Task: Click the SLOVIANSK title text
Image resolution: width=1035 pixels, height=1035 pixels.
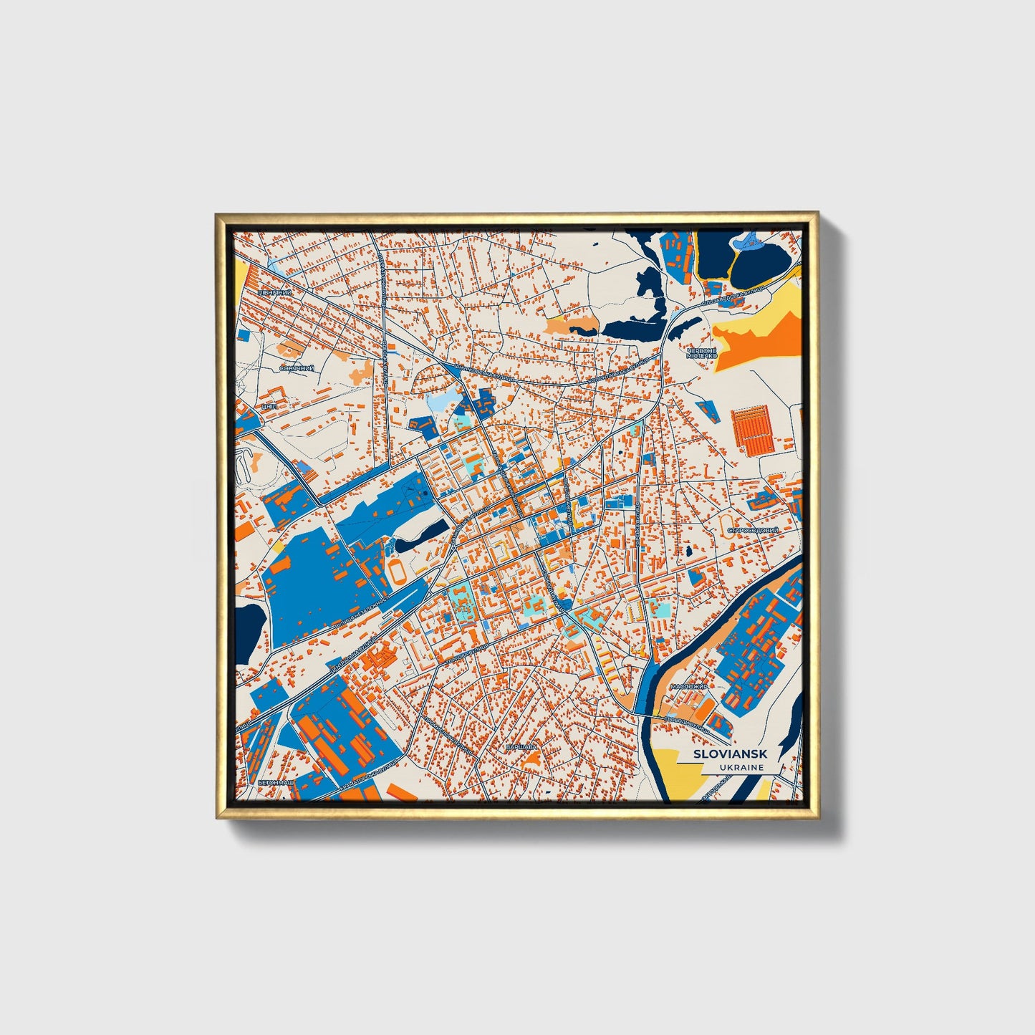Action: (x=730, y=754)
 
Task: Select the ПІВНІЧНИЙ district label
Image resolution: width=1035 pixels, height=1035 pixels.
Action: (x=274, y=293)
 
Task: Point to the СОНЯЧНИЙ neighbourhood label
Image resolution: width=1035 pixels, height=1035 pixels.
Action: (x=296, y=368)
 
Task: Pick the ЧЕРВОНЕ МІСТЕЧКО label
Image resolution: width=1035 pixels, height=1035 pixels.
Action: (x=701, y=353)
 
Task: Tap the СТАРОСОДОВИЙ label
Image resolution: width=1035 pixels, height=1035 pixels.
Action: (x=753, y=531)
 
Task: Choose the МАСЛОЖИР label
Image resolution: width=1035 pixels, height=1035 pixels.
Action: (x=689, y=686)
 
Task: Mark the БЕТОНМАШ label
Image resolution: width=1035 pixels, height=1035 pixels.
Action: (x=276, y=783)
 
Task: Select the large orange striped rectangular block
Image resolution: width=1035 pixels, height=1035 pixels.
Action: (x=753, y=430)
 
